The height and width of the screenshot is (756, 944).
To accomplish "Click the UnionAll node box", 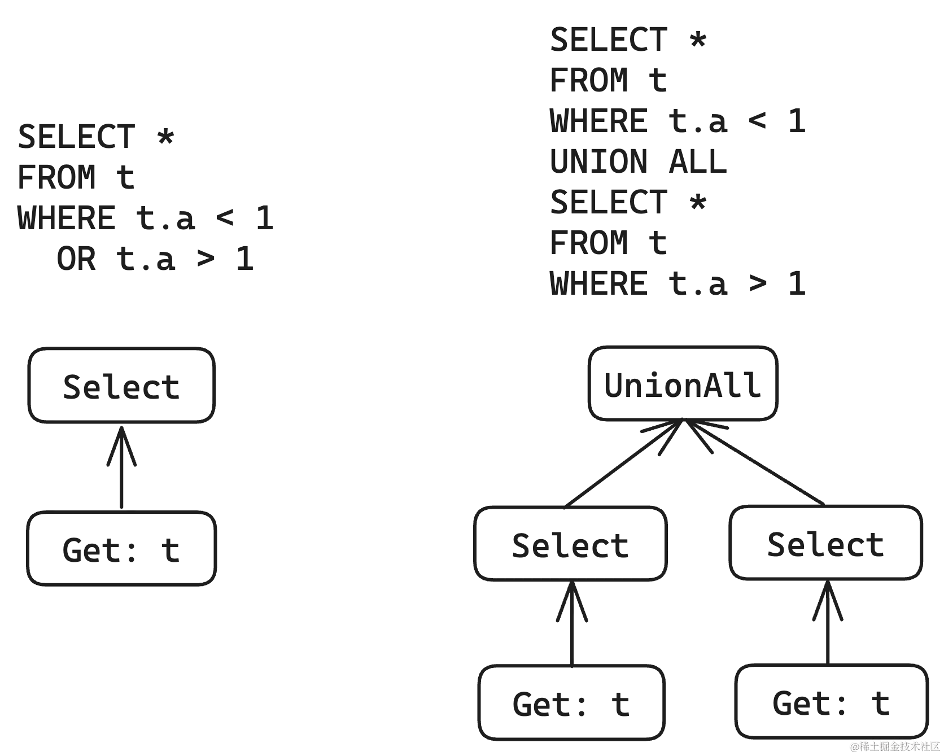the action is point(684,384).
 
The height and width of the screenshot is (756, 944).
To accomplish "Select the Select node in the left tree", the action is point(121,385).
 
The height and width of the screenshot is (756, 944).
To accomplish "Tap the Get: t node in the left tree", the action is point(121,549).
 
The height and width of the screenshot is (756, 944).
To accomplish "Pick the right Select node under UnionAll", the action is point(826,543).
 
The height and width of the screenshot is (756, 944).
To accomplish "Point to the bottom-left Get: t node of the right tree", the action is point(571,703).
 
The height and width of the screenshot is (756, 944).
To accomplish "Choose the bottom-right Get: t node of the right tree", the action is point(831,702).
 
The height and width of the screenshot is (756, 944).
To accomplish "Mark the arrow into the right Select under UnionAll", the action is point(827,621).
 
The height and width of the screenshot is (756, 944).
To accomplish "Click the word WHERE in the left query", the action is point(67,217).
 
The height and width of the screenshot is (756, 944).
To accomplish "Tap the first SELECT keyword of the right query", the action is point(609,39).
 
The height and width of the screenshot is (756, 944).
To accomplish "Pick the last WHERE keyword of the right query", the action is point(599,283).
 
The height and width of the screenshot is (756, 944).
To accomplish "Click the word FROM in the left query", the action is point(56,176).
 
